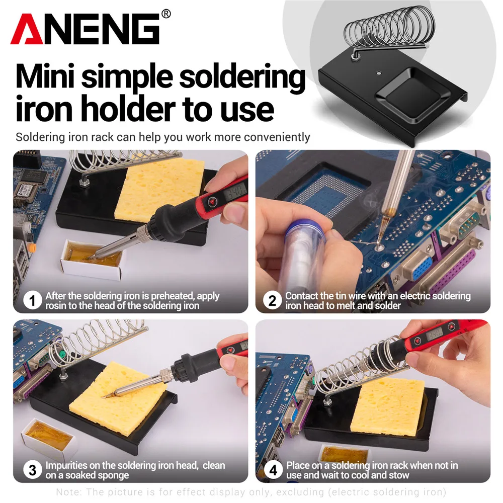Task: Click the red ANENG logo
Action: point(88,29)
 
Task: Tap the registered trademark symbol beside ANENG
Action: point(166,14)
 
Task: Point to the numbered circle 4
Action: point(272,470)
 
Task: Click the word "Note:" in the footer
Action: point(68,492)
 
